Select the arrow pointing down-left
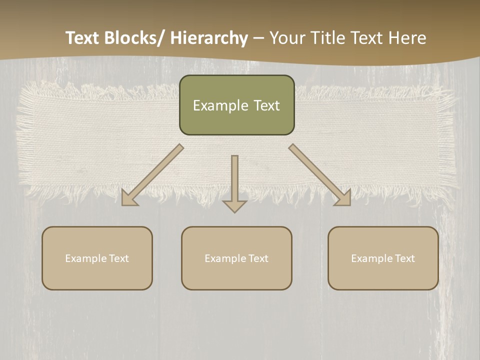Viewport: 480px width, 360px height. tap(152, 175)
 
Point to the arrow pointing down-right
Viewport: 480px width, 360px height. tap(320, 175)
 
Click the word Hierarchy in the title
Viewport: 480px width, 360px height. tap(209, 38)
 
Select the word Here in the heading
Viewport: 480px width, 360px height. tap(407, 38)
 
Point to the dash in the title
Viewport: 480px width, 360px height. tap(258, 38)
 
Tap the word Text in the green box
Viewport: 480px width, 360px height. tap(266, 105)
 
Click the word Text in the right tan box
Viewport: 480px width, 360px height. tap(404, 258)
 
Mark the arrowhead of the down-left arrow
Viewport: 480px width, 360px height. tap(129, 198)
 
